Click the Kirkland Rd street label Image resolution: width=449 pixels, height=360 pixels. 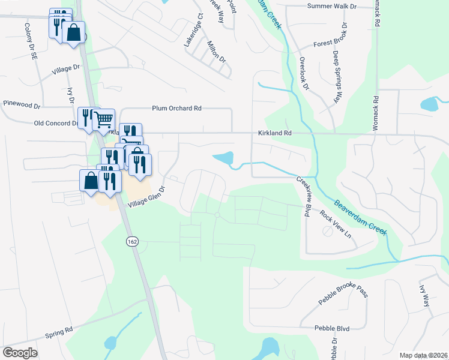(275, 133)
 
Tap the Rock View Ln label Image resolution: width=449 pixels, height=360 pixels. (339, 223)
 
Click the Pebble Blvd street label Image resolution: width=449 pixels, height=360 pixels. (332, 328)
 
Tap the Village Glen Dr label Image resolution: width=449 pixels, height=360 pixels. (145, 196)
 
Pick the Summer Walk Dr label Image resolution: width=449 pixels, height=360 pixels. (331, 6)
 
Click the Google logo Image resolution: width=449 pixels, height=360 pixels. (20, 353)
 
